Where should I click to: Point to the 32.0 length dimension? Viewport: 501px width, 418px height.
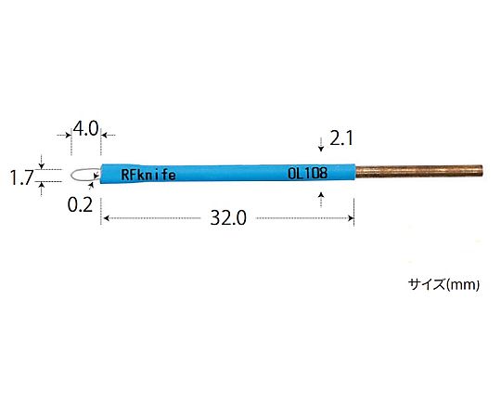pos(227,219)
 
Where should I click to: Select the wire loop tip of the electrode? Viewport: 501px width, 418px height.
pos(83,174)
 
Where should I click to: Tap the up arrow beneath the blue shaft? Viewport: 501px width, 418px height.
pos(320,194)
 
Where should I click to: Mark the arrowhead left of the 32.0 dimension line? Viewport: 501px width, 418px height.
pos(104,219)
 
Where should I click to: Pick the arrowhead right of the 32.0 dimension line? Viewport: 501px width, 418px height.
pos(352,219)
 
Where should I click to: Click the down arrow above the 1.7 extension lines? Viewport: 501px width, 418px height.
pos(41,161)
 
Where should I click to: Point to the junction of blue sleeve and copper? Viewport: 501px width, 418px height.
pos(356,172)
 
